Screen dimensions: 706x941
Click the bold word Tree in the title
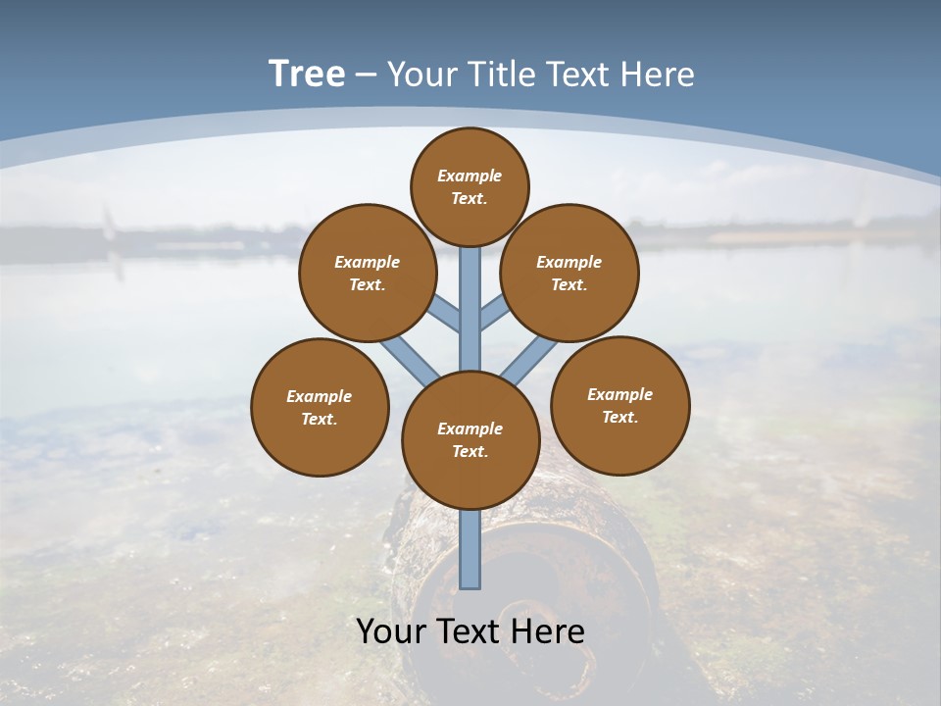pyautogui.click(x=307, y=75)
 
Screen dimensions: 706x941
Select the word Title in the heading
pyautogui.click(x=498, y=75)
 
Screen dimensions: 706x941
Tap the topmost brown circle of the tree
pyautogui.click(x=470, y=186)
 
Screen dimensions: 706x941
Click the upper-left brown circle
pyautogui.click(x=367, y=273)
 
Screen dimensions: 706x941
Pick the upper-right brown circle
pyautogui.click(x=570, y=273)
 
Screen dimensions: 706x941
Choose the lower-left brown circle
pyautogui.click(x=320, y=407)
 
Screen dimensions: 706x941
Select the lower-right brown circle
pyautogui.click(x=619, y=405)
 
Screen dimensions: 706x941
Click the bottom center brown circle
pyautogui.click(x=470, y=439)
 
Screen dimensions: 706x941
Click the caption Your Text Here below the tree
pyautogui.click(x=470, y=631)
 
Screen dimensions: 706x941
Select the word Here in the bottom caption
pyautogui.click(x=545, y=631)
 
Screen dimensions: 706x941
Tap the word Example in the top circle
pyautogui.click(x=470, y=176)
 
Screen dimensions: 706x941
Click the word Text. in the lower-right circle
pyautogui.click(x=619, y=417)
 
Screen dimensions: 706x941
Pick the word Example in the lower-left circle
pyautogui.click(x=320, y=396)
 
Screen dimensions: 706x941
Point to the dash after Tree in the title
pyautogui.click(x=366, y=76)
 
